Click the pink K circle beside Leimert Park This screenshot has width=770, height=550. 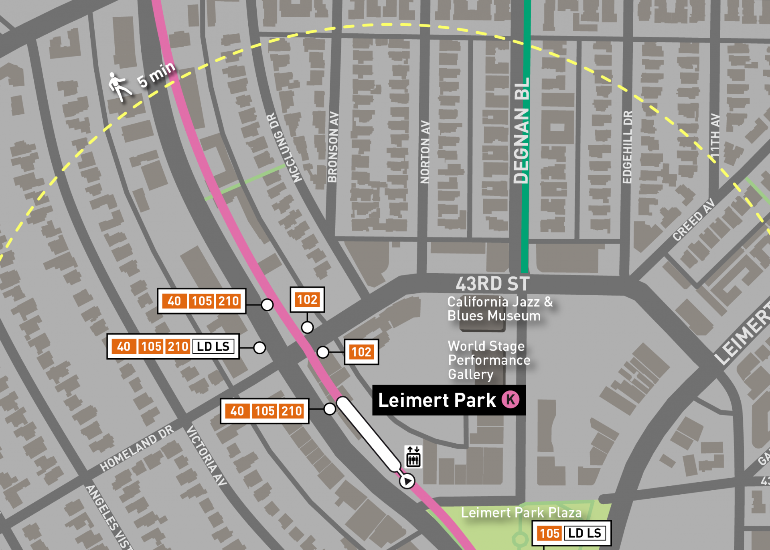point(511,400)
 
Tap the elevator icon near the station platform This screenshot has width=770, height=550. point(413,457)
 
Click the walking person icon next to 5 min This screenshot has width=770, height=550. point(119,87)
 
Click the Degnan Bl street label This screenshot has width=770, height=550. point(521,131)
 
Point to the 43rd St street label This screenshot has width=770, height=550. point(492,284)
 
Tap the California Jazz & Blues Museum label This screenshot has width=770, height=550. point(499,309)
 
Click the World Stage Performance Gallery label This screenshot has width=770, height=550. point(488,360)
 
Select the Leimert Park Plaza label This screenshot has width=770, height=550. point(521,513)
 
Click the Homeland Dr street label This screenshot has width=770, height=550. point(137,448)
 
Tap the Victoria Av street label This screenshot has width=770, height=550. point(207,456)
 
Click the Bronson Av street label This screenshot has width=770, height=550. point(333,147)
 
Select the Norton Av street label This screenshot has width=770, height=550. point(425,152)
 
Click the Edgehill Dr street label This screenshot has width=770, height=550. point(627,147)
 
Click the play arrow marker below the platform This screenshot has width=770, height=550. point(407,481)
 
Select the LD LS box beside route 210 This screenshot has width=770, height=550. point(213,347)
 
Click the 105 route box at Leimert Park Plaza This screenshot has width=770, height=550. point(549,534)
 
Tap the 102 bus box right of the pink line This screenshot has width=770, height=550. point(361,352)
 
